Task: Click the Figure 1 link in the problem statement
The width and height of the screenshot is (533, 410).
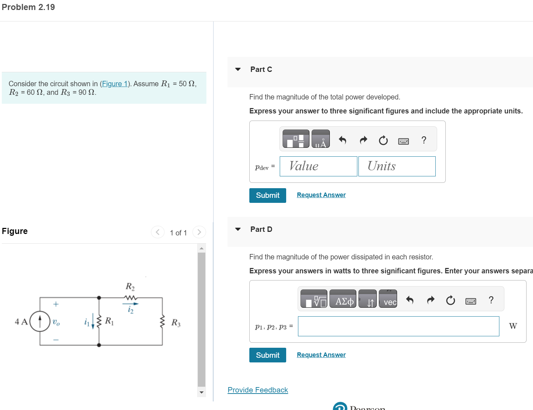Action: coord(114,84)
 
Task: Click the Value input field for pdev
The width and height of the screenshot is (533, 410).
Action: coord(318,166)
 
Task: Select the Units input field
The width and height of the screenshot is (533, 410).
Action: coord(397,166)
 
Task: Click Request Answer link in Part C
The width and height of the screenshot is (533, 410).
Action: coord(321,195)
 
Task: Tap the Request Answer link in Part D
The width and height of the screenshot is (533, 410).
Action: coord(321,355)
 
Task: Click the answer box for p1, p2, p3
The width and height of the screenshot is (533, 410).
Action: coord(398,326)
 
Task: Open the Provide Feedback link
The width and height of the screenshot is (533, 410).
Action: coord(258,390)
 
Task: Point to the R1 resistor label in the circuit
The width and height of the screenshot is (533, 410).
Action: coord(109,321)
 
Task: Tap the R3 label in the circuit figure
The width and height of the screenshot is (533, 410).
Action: coord(176,323)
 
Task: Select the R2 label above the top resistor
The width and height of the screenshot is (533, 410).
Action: coord(130,286)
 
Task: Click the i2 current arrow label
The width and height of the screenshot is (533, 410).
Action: coord(131,310)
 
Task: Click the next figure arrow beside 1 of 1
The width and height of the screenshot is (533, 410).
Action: coord(199,232)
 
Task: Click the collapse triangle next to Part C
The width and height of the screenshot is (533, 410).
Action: coord(238,69)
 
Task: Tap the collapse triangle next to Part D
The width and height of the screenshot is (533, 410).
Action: coord(238,229)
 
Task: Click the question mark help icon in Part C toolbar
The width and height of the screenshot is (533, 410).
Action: coord(424,140)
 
